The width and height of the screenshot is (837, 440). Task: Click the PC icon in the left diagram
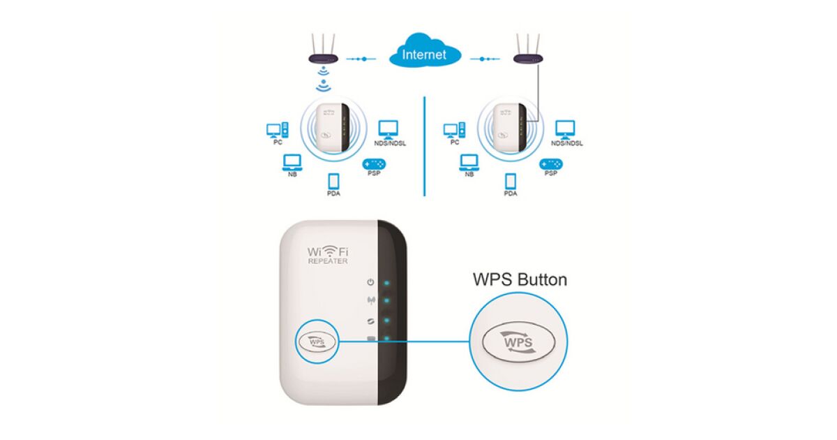276,129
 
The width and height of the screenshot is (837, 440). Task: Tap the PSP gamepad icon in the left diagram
374,163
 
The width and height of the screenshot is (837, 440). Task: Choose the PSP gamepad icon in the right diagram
551,163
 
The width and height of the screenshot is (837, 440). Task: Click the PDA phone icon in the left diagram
333,180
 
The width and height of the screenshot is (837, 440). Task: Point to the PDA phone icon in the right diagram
511,180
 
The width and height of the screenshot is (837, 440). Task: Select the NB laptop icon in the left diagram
292,162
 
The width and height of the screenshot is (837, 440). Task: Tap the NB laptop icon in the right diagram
469,162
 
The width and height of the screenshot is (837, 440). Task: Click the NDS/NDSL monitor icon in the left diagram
389,129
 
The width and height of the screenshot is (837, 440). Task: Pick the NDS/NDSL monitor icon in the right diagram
566,129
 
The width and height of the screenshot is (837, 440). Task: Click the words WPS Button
520,280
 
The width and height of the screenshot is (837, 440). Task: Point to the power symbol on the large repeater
370,282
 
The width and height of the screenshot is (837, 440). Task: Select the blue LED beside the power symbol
386,284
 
